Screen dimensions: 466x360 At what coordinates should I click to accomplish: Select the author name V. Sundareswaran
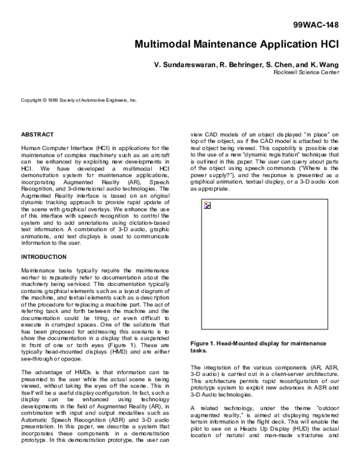[x=182, y=64]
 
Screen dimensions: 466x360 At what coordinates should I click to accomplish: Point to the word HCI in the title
[x=328, y=44]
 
